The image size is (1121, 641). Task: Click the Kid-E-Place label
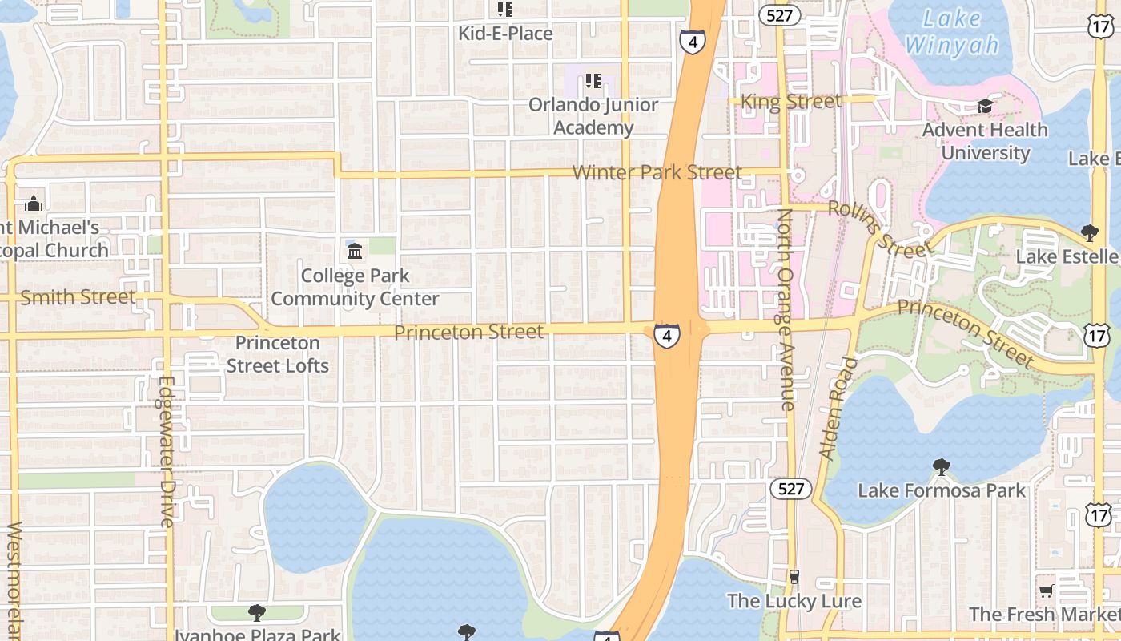[505, 34]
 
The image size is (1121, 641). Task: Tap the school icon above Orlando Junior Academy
[593, 80]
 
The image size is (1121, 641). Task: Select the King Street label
[791, 101]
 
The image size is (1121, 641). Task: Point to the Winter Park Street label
[657, 172]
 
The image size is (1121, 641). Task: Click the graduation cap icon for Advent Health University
[985, 107]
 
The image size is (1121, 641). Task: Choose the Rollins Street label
[880, 229]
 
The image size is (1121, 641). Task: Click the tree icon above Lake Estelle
[1089, 233]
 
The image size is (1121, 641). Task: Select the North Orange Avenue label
[787, 309]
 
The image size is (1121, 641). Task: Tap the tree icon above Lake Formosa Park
[942, 466]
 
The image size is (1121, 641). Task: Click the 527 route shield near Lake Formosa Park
[791, 489]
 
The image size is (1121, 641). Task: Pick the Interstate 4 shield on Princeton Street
[666, 335]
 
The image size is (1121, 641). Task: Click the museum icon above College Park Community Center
[355, 252]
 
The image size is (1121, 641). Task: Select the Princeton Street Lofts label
[278, 354]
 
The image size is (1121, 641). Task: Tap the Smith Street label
[78, 297]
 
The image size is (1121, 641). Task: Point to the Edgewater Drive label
[167, 452]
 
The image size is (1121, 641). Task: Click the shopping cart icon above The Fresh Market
[1046, 591]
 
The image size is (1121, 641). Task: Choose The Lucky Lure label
[794, 601]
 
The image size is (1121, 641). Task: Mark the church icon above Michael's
[34, 204]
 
